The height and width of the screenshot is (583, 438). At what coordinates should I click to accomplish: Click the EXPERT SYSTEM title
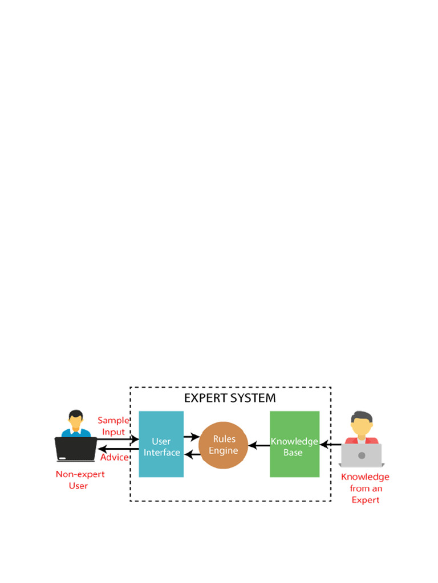230,398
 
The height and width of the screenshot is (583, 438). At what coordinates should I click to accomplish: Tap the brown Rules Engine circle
224,445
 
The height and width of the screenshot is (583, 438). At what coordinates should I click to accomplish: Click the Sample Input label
113,426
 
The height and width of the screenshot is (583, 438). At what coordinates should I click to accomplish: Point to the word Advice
115,458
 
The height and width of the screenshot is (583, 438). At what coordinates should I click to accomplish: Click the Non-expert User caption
80,479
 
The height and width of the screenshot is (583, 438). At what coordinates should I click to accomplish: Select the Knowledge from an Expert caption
365,488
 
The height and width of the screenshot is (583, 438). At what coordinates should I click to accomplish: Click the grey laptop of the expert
362,455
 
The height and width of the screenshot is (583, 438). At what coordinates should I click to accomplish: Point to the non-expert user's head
75,418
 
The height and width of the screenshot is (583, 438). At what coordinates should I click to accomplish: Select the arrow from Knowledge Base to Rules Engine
259,446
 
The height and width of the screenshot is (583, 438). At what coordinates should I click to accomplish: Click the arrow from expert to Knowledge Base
331,444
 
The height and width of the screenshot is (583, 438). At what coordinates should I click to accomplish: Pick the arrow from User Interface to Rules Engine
191,437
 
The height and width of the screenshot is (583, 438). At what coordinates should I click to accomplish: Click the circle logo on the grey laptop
362,455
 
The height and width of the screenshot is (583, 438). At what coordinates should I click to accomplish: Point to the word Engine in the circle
224,451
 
